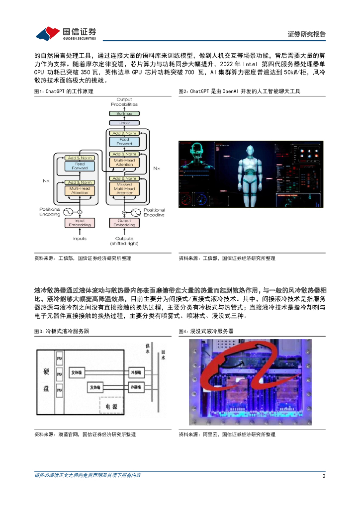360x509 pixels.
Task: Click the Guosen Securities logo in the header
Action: pos(66,33)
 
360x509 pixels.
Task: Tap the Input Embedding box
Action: pos(80,223)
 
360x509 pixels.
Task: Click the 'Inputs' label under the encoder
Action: pos(80,239)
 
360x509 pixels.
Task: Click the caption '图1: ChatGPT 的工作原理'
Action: pos(63,91)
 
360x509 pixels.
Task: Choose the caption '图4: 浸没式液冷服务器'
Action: pos(206,331)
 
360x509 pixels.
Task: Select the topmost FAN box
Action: pos(60,358)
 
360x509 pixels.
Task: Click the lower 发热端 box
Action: pos(96,387)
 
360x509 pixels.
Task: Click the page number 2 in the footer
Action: pos(324,476)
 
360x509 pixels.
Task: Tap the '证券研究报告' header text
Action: pos(307,34)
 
